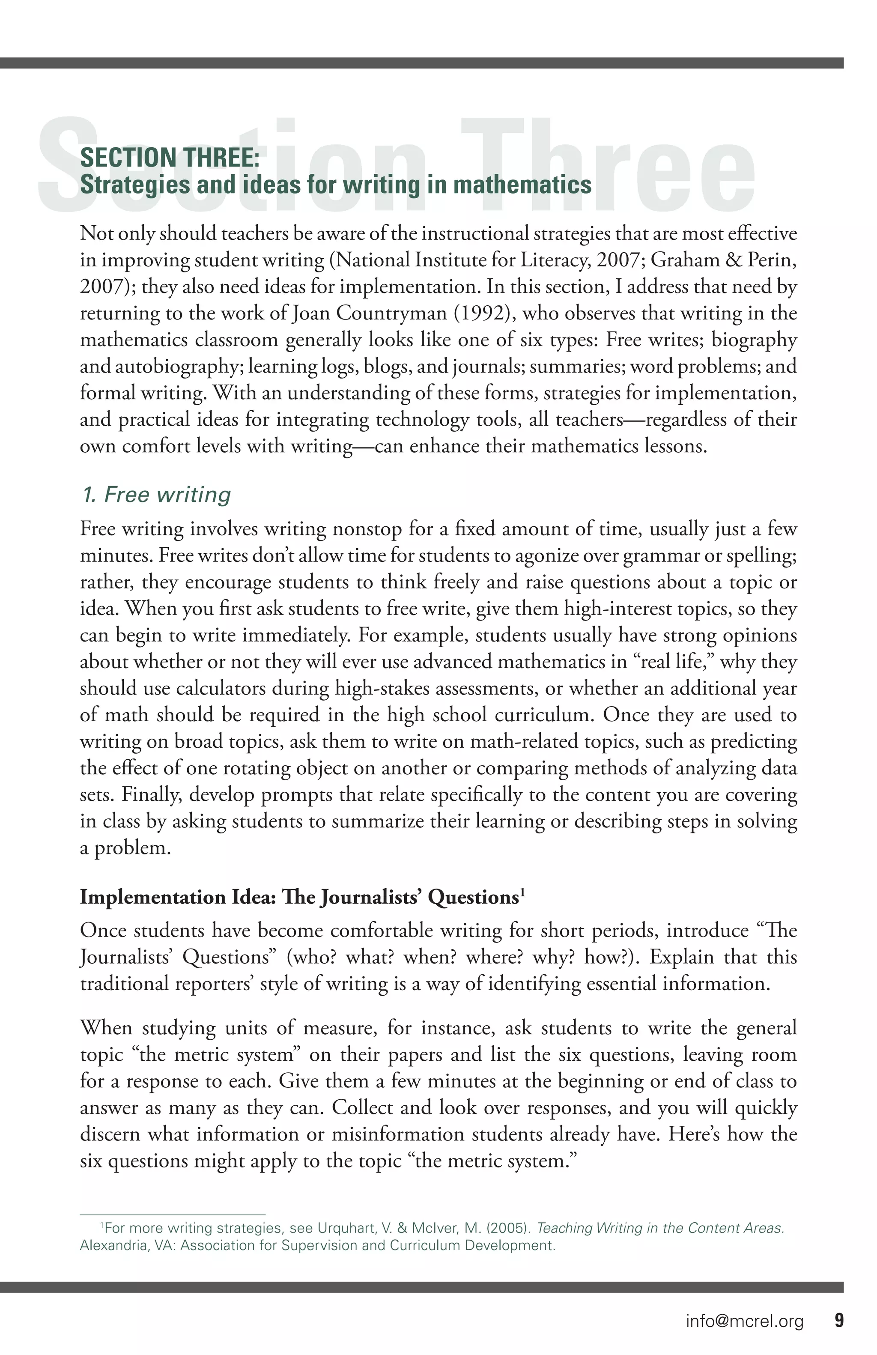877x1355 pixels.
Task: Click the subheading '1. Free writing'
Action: [x=156, y=494]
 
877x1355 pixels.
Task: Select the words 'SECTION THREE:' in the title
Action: [x=170, y=158]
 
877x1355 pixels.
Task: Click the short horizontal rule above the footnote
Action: [x=173, y=1215]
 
